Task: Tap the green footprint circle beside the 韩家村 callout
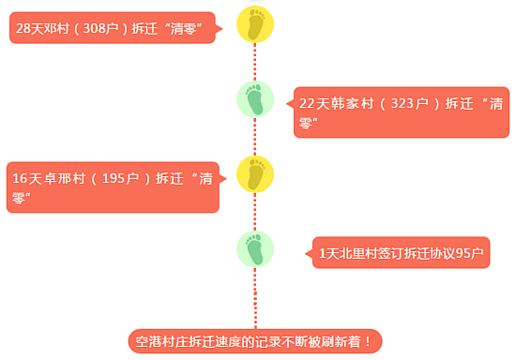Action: (x=255, y=99)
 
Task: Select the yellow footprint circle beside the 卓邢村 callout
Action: (x=255, y=174)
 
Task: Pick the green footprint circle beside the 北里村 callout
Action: (x=255, y=249)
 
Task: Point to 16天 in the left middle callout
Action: (x=25, y=177)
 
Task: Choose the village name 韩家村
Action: (x=352, y=103)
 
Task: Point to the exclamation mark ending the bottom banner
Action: (x=369, y=341)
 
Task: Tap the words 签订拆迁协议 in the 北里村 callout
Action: (x=412, y=252)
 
